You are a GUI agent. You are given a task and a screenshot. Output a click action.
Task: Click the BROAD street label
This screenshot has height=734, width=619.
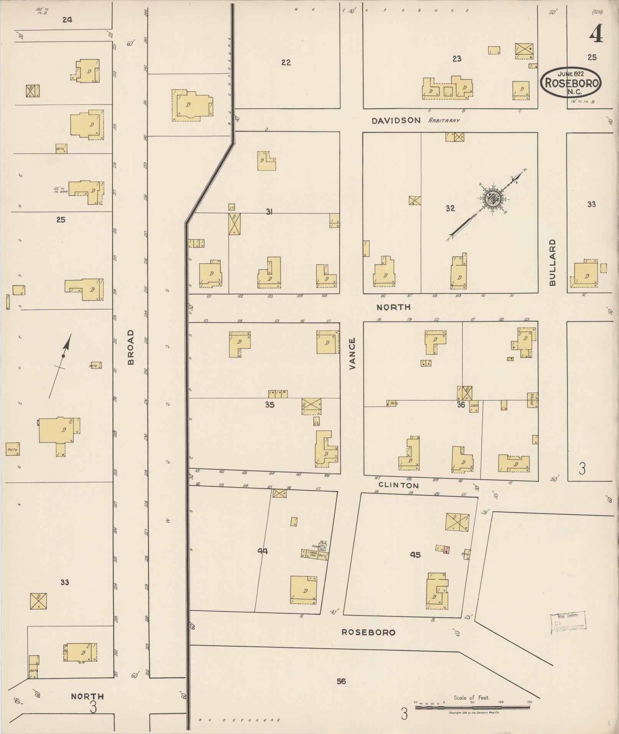pos(131,347)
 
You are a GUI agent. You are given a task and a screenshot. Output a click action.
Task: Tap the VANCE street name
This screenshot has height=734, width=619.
pos(352,353)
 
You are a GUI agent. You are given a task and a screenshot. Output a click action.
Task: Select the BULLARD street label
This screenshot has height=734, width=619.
pos(552,262)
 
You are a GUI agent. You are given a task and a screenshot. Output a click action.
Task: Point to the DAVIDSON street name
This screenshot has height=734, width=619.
pos(396,120)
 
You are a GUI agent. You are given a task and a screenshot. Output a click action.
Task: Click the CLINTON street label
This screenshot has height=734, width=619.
pos(398,485)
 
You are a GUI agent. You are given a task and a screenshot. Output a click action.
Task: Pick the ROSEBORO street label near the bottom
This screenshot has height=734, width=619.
pos(368,632)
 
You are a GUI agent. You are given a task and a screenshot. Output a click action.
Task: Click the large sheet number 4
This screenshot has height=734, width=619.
pos(596,35)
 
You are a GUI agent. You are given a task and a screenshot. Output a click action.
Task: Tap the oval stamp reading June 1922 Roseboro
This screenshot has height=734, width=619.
pos(571,82)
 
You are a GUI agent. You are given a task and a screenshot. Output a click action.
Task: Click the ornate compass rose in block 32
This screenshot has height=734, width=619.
pos(491,199)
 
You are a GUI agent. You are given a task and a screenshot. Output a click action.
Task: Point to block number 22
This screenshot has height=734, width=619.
pos(286,62)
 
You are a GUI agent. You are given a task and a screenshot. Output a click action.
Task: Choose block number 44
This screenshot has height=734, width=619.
pos(262,551)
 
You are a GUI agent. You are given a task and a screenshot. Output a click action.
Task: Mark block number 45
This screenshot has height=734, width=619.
pos(415,554)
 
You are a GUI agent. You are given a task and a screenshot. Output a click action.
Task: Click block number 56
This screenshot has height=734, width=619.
pos(341,681)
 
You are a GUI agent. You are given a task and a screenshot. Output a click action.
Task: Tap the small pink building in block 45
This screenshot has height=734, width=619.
pos(446,550)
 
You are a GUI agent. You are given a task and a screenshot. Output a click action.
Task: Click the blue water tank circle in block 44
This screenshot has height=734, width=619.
pos(323,546)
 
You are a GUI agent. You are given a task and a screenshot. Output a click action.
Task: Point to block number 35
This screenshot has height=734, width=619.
pos(270,404)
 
